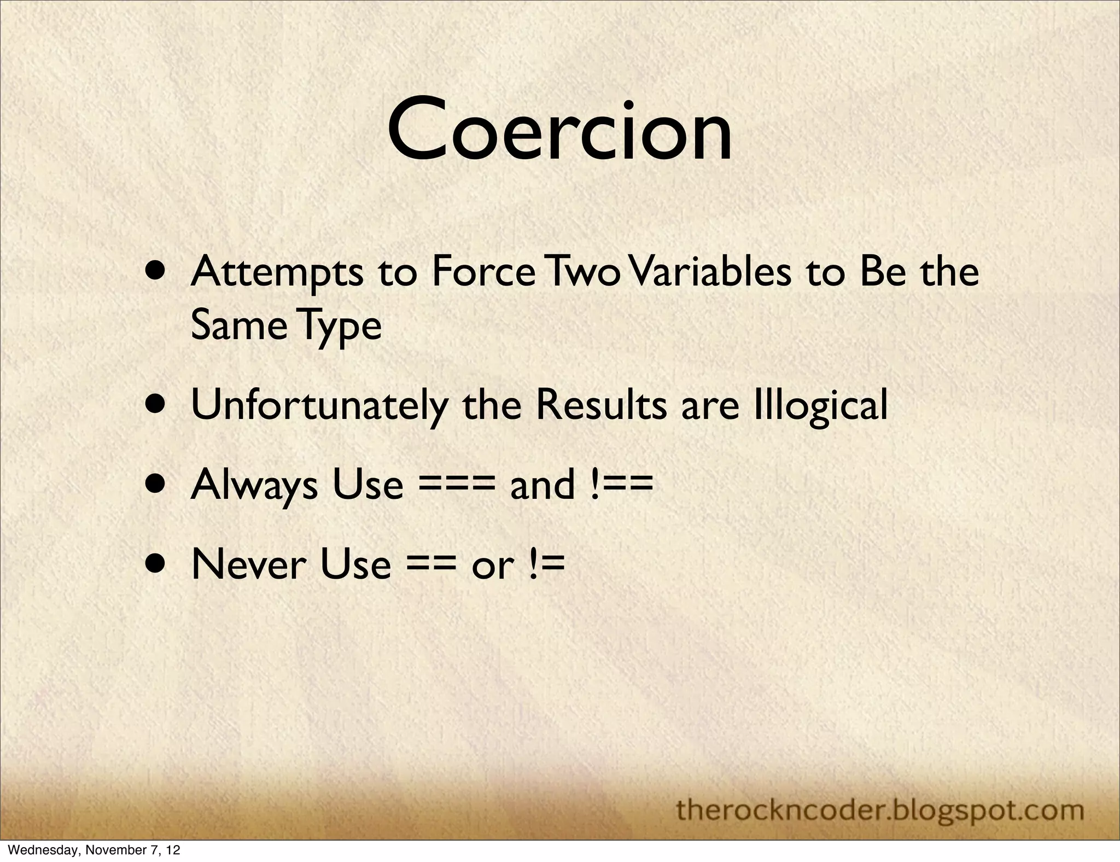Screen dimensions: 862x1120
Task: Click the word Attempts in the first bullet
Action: tap(277, 272)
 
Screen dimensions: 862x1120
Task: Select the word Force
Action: tap(483, 272)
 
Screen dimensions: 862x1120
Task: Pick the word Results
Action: tap(601, 406)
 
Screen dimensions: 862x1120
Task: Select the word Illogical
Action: tap(820, 406)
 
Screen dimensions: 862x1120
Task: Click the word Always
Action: tap(254, 485)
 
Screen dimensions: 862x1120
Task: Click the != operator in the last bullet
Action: tap(546, 564)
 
